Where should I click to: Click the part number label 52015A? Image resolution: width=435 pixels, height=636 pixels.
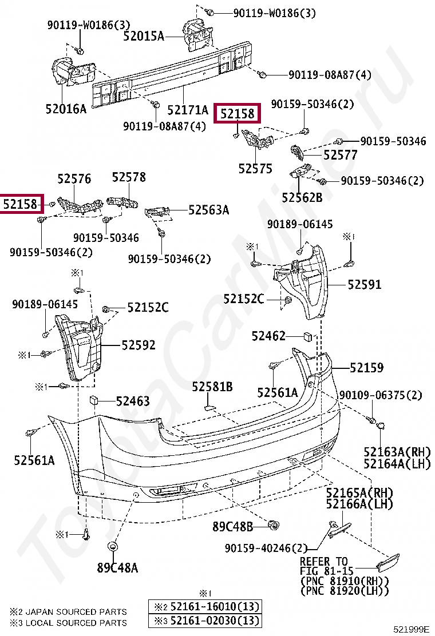[x=144, y=37]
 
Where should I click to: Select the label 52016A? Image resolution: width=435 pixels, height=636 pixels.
[x=66, y=108]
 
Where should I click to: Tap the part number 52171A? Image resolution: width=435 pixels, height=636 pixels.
[x=188, y=109]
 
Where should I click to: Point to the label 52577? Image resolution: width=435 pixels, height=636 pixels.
[x=340, y=155]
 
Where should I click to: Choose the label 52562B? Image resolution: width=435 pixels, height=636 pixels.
[x=302, y=197]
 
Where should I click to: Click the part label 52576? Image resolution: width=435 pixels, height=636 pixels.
[x=74, y=179]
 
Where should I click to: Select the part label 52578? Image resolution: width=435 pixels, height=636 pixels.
[x=128, y=178]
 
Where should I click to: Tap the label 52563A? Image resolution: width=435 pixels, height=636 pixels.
[x=209, y=210]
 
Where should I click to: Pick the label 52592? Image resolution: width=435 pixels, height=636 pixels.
[x=139, y=345]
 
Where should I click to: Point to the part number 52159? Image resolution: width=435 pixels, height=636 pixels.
[x=367, y=368]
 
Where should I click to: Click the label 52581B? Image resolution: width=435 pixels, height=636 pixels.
[x=212, y=387]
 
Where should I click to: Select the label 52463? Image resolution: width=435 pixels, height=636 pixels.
[x=133, y=402]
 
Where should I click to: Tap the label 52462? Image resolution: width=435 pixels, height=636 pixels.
[x=268, y=336]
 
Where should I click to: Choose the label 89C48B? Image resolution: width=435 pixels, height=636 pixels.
[x=232, y=527]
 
